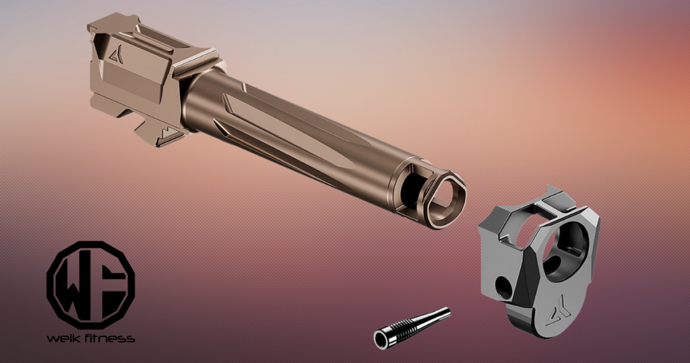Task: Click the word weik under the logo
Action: click(63, 338)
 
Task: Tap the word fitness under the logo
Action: click(108, 338)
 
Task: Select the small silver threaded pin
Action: click(412, 327)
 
